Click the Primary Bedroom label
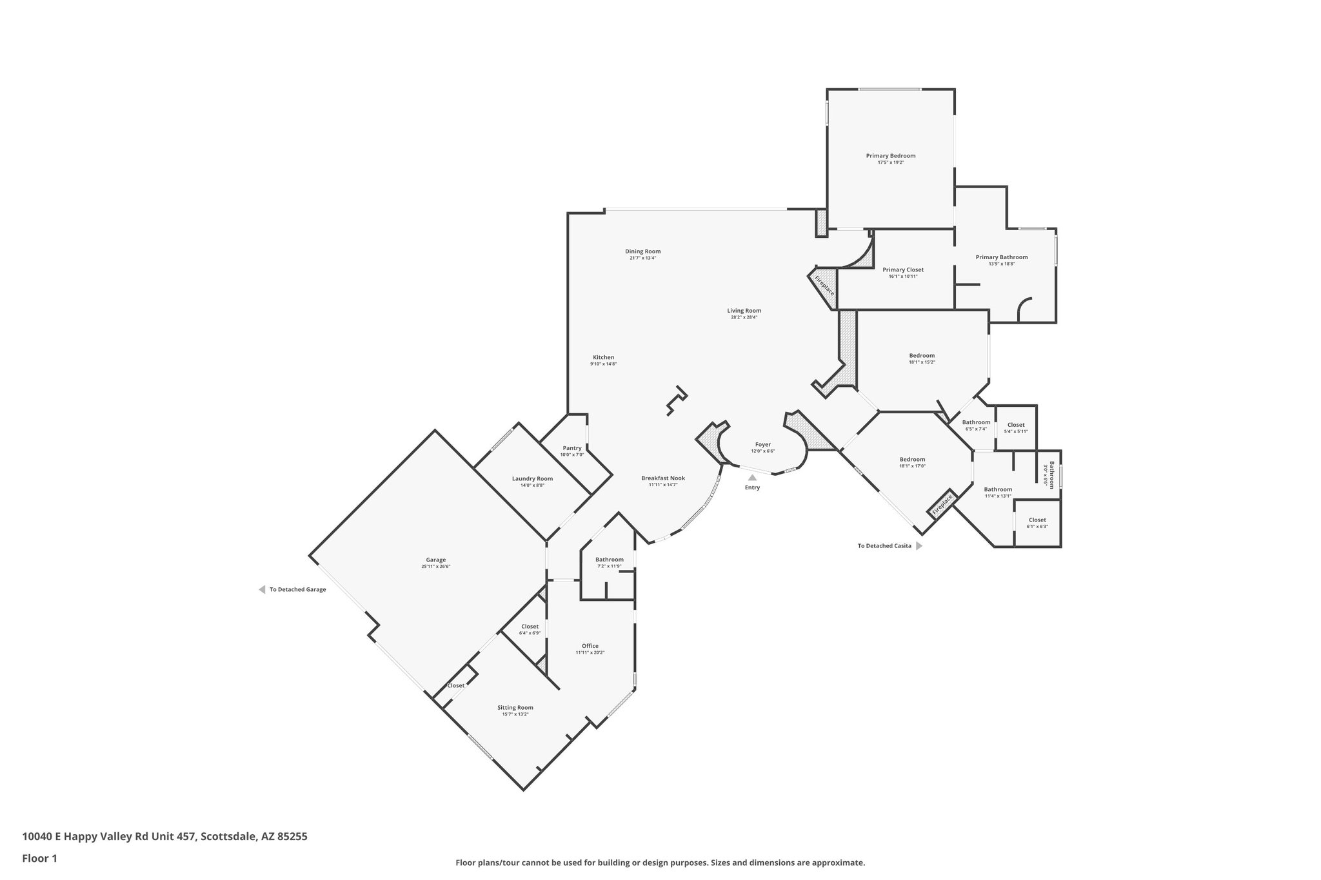tap(890, 156)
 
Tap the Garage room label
tap(436, 560)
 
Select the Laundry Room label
tap(532, 478)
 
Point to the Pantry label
tap(572, 448)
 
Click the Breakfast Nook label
tap(663, 478)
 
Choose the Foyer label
tap(763, 444)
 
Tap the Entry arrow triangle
tap(752, 478)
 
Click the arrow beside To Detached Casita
tap(919, 545)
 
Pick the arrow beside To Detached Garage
tap(262, 589)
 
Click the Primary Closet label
tap(903, 269)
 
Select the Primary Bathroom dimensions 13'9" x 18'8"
tap(1002, 264)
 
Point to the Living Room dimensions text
tap(744, 317)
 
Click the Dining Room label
tap(642, 251)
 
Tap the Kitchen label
tap(604, 357)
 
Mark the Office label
tap(590, 646)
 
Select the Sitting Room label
tap(515, 707)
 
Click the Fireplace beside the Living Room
tap(824, 285)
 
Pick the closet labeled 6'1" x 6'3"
tap(1037, 523)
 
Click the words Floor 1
tap(40, 858)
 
